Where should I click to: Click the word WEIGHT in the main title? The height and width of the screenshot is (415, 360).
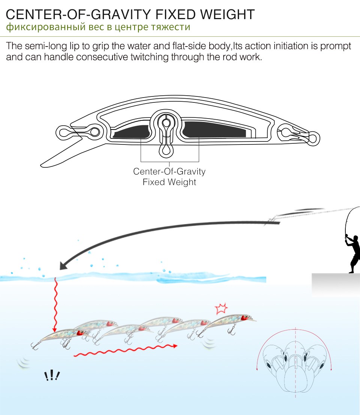pyautogui.click(x=227, y=15)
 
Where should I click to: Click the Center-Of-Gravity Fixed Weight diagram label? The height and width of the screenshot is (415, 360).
pyautogui.click(x=169, y=176)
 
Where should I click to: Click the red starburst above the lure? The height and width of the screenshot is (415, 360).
pyautogui.click(x=221, y=308)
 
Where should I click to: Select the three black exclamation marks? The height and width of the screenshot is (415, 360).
pyautogui.click(x=52, y=375)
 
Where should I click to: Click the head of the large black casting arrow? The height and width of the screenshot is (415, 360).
pyautogui.click(x=63, y=265)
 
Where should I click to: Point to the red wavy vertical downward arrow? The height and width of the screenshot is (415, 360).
pyautogui.click(x=55, y=304)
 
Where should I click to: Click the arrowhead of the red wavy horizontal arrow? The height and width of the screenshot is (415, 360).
pyautogui.click(x=175, y=346)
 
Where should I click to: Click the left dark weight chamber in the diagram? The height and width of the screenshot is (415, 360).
pyautogui.click(x=130, y=132)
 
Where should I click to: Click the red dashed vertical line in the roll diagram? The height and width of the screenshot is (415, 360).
pyautogui.click(x=295, y=362)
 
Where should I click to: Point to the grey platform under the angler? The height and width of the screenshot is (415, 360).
pyautogui.click(x=336, y=284)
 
